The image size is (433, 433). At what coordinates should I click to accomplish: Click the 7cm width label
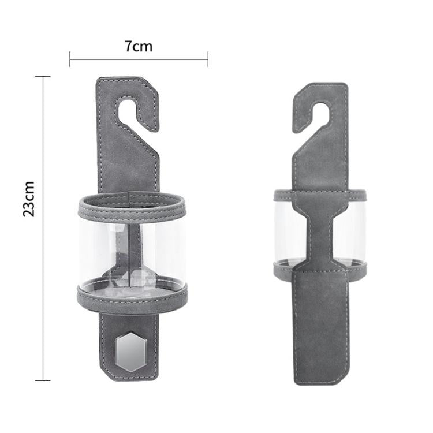[139, 46]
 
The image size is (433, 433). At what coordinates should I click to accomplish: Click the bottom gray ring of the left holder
[132, 298]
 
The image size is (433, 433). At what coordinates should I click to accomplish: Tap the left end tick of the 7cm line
[70, 58]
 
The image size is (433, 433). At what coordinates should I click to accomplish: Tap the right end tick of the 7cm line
[208, 58]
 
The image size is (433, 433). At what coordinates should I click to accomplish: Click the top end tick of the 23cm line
[43, 76]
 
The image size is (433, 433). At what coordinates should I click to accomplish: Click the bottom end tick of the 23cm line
[43, 380]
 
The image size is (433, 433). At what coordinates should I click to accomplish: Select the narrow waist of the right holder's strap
[320, 231]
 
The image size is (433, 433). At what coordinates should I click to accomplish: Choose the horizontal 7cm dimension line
[139, 58]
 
